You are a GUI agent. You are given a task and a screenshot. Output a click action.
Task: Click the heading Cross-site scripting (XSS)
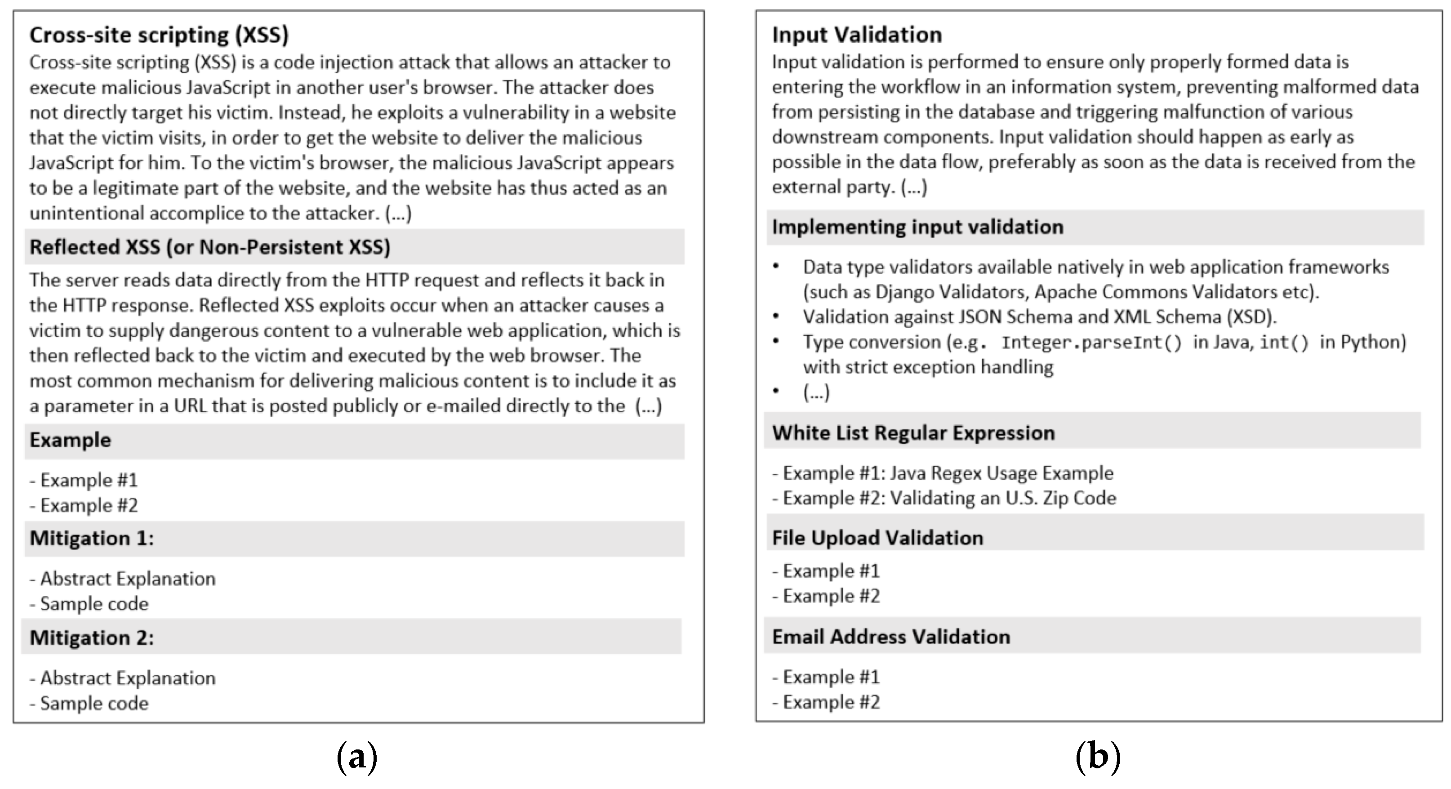[x=159, y=35]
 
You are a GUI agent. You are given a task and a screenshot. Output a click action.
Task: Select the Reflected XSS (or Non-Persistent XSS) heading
[x=209, y=247]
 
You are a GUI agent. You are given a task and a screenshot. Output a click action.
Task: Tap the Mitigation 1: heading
[x=91, y=539]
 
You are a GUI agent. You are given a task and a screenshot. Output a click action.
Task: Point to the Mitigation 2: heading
[x=91, y=637]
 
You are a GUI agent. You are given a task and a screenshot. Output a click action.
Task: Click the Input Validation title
[x=856, y=35]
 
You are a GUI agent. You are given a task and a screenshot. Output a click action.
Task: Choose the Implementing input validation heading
[x=917, y=227]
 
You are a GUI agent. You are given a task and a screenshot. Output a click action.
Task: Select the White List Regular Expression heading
[x=912, y=432]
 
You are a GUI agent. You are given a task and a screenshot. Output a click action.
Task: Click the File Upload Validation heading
[x=877, y=538]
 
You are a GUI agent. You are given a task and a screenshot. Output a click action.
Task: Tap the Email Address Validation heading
[x=890, y=637]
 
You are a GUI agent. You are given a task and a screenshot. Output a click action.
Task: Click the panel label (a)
[x=356, y=758]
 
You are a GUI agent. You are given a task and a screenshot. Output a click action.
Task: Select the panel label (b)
[x=1097, y=758]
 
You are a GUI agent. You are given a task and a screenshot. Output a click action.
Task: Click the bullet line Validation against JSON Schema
[x=1039, y=317]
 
